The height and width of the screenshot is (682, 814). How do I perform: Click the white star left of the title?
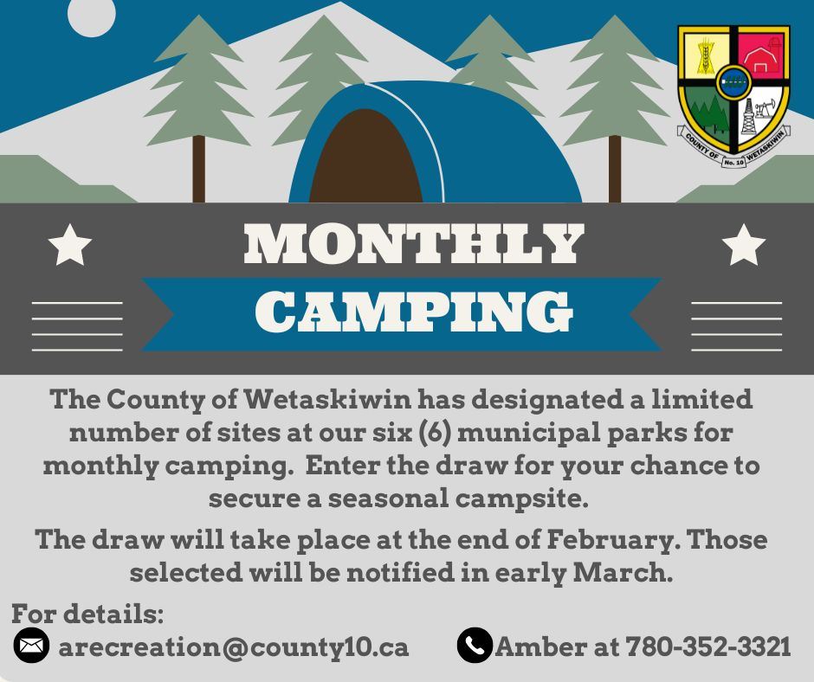(x=70, y=245)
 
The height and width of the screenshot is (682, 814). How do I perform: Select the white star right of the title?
(x=743, y=245)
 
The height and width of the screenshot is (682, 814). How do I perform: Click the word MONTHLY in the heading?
(x=413, y=245)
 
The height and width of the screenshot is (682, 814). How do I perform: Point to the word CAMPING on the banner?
(x=413, y=312)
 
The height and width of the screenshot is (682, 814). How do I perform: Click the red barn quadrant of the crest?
(x=762, y=56)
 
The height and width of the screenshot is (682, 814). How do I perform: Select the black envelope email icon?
(x=31, y=646)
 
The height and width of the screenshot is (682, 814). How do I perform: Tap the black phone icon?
(x=475, y=646)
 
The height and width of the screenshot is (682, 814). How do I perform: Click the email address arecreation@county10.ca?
(x=234, y=647)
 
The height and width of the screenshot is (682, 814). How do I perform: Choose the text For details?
(x=87, y=614)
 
